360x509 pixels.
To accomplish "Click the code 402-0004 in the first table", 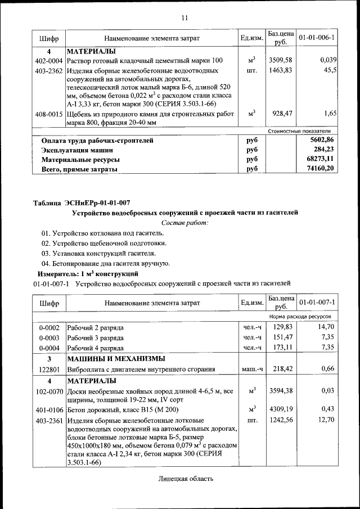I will pyautogui.click(x=48, y=60).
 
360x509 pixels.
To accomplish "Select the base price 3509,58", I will pyautogui.click(x=280, y=60).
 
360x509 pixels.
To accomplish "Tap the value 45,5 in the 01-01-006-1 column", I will pyautogui.click(x=328, y=71).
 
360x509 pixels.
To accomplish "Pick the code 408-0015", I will pyautogui.click(x=48, y=114).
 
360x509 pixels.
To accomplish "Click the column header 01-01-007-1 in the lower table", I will pyautogui.click(x=317, y=304).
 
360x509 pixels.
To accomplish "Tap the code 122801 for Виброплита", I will pyautogui.click(x=48, y=370).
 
